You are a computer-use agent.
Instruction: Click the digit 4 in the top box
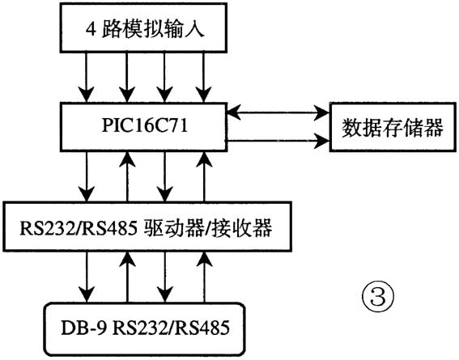click(91, 33)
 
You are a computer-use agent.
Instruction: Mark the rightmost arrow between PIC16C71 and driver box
click(204, 179)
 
